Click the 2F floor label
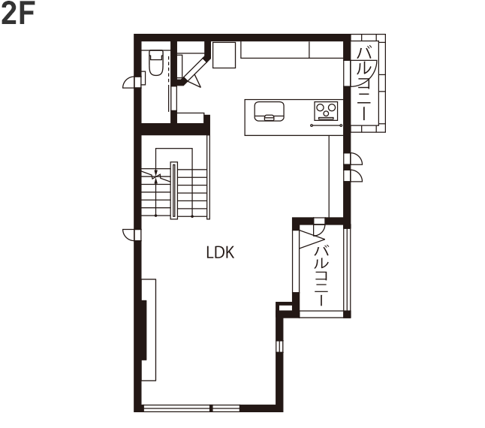(x=18, y=13)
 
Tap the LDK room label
(x=220, y=252)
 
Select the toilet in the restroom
(x=155, y=63)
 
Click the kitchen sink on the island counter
(x=269, y=111)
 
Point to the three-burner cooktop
(x=326, y=111)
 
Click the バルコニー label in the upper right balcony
(x=364, y=83)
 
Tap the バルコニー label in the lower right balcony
(x=321, y=276)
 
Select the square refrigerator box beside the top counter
(x=224, y=55)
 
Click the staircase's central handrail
(x=174, y=191)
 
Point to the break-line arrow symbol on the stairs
(x=156, y=176)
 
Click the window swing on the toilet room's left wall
(x=128, y=83)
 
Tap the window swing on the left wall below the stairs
(x=129, y=234)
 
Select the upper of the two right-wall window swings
(x=353, y=158)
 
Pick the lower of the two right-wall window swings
(x=353, y=176)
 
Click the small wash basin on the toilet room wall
(x=143, y=77)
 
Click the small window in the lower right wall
(x=279, y=346)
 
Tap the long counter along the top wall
(x=292, y=50)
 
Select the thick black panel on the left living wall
(x=144, y=330)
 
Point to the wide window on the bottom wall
(x=191, y=408)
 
